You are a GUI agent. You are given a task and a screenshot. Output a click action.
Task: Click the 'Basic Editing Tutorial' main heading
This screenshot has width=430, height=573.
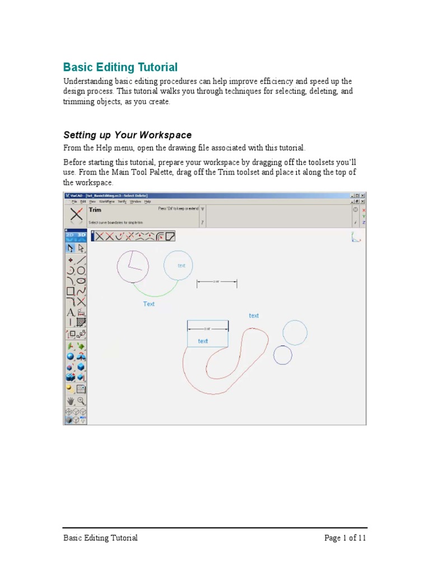120,68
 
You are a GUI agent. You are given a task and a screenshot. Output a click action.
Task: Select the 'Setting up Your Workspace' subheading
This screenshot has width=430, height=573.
127,135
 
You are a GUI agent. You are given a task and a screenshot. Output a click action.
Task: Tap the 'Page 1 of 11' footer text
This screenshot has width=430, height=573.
345,538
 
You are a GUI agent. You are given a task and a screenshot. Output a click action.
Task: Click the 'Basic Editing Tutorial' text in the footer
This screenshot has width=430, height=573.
100,538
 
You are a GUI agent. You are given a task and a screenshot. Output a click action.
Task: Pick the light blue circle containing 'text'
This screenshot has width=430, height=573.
178,265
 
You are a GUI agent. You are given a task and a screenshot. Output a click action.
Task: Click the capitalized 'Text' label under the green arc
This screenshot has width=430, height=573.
149,304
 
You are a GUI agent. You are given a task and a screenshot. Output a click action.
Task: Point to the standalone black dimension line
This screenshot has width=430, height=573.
217,284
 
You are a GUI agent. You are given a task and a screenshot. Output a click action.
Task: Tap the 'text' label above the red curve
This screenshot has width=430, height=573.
254,316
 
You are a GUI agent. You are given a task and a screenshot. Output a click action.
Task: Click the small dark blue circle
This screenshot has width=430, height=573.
283,355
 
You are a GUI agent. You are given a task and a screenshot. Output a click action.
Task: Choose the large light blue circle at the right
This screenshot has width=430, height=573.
295,332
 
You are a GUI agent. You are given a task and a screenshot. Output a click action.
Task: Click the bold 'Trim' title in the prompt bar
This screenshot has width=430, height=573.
95,210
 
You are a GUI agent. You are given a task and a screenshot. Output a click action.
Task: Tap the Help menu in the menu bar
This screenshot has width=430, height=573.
148,201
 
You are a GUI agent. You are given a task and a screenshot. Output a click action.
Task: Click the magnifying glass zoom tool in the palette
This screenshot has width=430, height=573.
81,401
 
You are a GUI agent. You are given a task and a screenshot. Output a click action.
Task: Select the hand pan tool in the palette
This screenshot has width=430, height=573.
71,401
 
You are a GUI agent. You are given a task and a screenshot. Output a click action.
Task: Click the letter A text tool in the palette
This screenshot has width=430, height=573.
71,312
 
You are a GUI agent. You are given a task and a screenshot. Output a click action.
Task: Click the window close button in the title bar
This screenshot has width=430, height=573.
362,195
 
